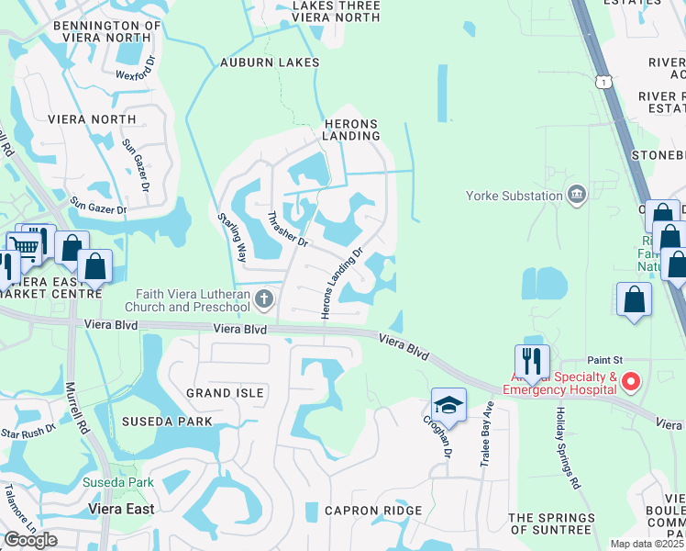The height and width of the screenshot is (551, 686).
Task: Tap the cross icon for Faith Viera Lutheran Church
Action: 264,298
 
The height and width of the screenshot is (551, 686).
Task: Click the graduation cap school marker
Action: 448,404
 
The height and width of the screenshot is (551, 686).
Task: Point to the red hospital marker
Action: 630,381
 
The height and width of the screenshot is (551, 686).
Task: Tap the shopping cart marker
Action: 25,245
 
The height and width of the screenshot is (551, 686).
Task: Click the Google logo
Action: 30,540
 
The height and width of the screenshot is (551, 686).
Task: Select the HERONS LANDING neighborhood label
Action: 350,129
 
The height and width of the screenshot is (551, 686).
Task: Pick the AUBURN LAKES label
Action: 269,62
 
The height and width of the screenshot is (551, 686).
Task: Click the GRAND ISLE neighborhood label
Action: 225,393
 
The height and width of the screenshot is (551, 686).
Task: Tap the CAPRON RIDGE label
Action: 373,511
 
